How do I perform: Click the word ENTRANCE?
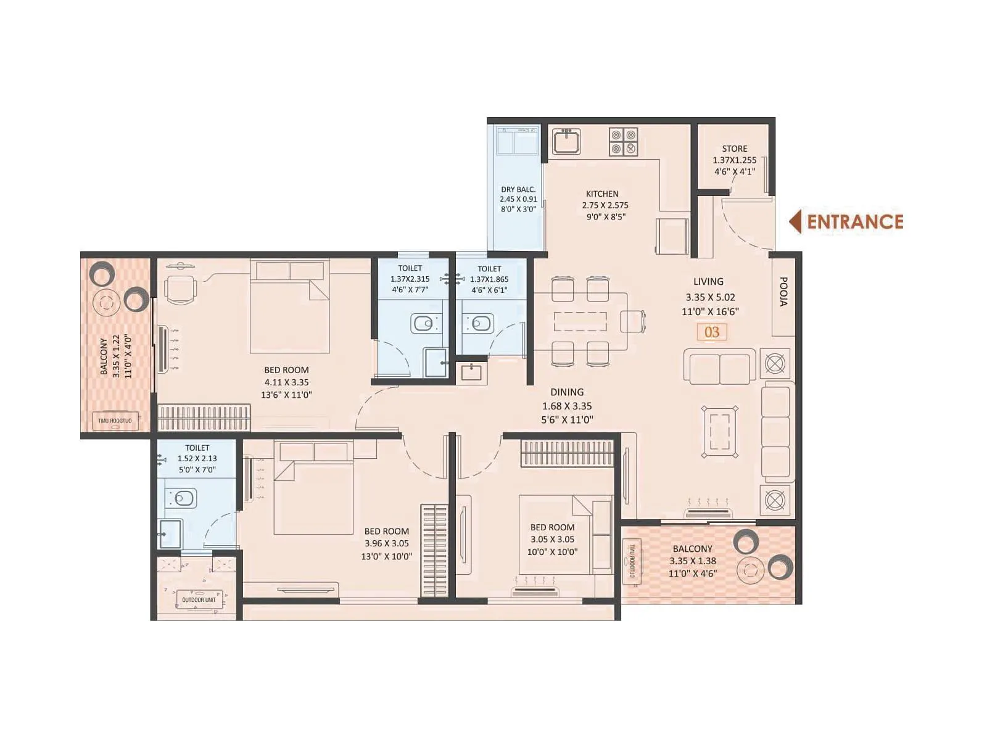click(x=855, y=222)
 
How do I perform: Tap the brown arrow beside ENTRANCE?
click(x=796, y=222)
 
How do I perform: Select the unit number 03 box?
click(x=712, y=332)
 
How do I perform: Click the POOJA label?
click(x=783, y=292)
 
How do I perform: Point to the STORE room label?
click(x=734, y=149)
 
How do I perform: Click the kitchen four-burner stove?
click(x=623, y=142)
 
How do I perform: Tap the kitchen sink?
click(x=566, y=142)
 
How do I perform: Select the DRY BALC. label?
click(x=518, y=189)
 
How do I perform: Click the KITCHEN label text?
click(x=602, y=194)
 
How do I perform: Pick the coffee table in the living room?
click(x=719, y=432)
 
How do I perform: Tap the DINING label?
click(x=567, y=392)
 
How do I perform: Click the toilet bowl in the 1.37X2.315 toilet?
click(x=424, y=323)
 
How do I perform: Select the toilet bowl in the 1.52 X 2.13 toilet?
click(x=182, y=498)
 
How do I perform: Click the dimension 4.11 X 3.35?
click(x=286, y=382)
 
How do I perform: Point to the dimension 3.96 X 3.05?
click(x=386, y=543)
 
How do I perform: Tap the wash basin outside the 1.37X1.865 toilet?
click(x=471, y=372)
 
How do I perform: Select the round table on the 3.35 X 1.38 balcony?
click(x=751, y=570)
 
